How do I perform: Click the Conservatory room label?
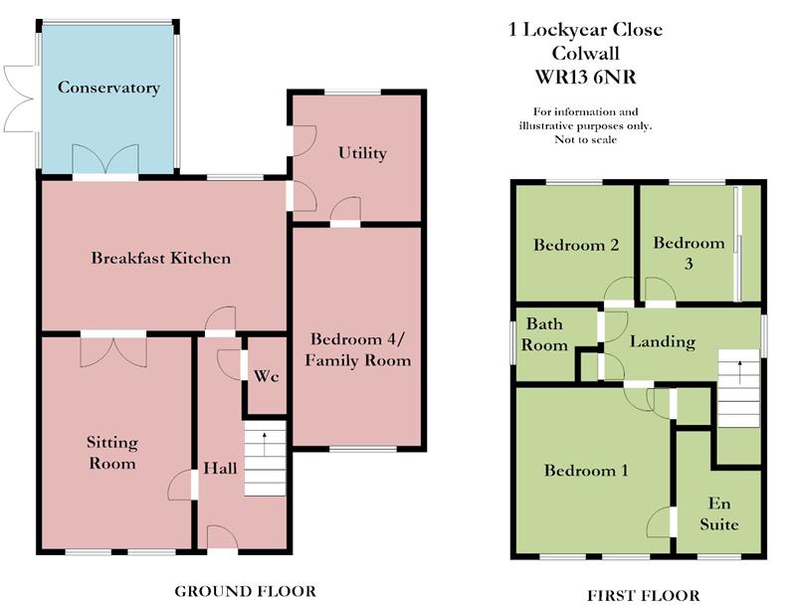[x=108, y=88]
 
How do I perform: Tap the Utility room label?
[x=362, y=153]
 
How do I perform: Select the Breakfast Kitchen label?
[x=161, y=258]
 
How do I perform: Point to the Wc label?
[x=267, y=376]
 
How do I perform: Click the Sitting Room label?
[x=112, y=453]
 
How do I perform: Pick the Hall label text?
[x=220, y=468]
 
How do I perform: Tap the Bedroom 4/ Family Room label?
[x=358, y=349]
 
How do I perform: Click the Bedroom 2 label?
[x=576, y=245]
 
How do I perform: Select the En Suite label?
[x=719, y=513]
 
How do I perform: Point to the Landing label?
[x=663, y=341]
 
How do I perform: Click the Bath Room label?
[x=544, y=334]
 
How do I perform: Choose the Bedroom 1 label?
[x=586, y=471]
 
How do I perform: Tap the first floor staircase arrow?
[x=739, y=372]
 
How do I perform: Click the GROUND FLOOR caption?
[x=245, y=591]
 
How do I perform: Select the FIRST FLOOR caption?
[x=643, y=595]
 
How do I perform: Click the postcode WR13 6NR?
[x=585, y=78]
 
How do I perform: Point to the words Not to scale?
[x=585, y=139]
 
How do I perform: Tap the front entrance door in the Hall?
[x=222, y=538]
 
